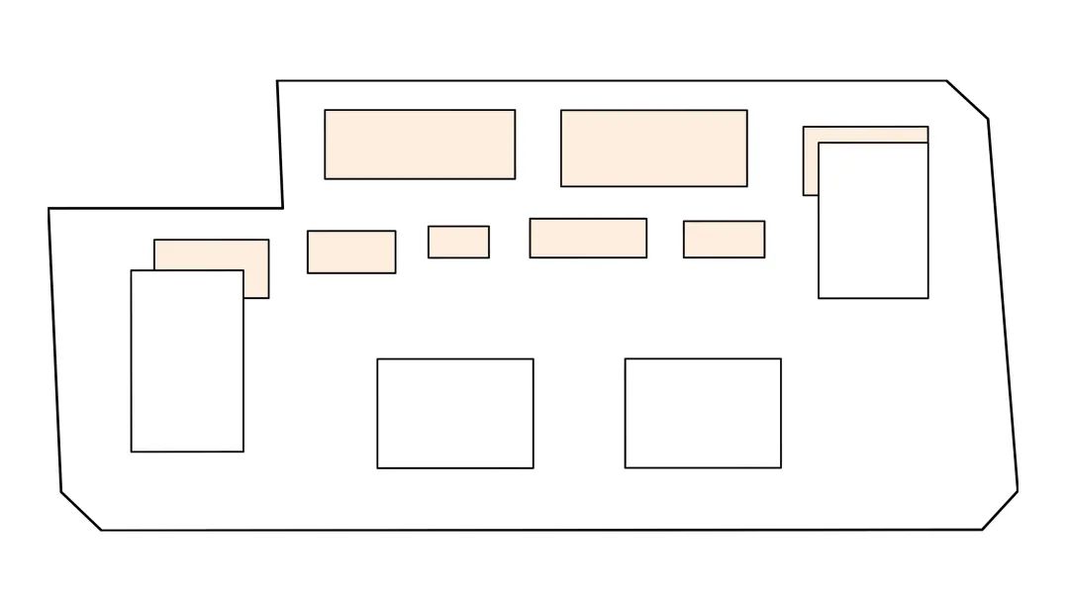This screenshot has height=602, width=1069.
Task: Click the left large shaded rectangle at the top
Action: (x=420, y=145)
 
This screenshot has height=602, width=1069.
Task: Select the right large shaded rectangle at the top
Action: (x=653, y=148)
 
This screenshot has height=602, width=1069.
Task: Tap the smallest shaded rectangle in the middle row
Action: (x=458, y=242)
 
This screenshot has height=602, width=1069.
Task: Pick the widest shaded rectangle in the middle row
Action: (x=588, y=238)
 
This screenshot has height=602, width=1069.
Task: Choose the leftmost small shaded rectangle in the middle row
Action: (x=351, y=251)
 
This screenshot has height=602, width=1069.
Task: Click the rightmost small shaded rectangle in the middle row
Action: (x=724, y=239)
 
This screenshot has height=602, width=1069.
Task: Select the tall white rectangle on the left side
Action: (x=187, y=360)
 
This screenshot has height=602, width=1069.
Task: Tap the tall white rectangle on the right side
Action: (x=873, y=220)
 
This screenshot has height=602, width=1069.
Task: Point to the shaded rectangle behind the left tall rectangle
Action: (x=211, y=254)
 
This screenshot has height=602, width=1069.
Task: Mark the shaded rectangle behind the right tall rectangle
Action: (x=811, y=160)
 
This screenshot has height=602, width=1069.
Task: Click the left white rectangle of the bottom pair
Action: (x=455, y=413)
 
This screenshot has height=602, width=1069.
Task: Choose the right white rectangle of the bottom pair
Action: (x=703, y=413)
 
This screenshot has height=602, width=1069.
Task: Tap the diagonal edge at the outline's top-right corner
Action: (x=967, y=100)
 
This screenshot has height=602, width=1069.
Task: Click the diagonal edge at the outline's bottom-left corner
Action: (x=81, y=511)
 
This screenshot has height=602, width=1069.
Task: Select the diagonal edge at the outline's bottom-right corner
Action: (x=1000, y=510)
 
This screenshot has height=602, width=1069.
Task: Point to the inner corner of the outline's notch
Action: (x=282, y=208)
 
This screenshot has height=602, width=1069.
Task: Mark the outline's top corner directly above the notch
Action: (x=277, y=81)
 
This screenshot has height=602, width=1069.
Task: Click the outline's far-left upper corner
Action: (x=49, y=209)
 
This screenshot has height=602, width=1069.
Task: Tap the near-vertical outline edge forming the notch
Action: (x=280, y=145)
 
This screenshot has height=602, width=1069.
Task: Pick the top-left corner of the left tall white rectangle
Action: (x=132, y=270)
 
